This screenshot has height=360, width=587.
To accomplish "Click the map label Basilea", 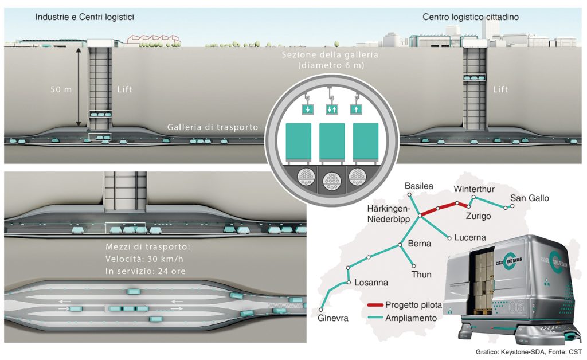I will point(418,186).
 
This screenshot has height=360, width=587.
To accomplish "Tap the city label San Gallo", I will point(530,198).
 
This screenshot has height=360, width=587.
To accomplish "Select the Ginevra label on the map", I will point(333,318).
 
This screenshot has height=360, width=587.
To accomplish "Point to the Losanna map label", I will point(371,283).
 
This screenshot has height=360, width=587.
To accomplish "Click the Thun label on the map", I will point(421,275).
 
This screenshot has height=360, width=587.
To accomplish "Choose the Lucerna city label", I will point(470,237).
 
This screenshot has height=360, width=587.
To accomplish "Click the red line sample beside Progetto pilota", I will point(376,305).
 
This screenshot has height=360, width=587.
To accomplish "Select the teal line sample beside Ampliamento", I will point(376,318).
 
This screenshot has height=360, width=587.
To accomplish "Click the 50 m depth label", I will point(60,90).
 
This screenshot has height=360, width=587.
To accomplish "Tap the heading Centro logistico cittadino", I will point(471,17).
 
